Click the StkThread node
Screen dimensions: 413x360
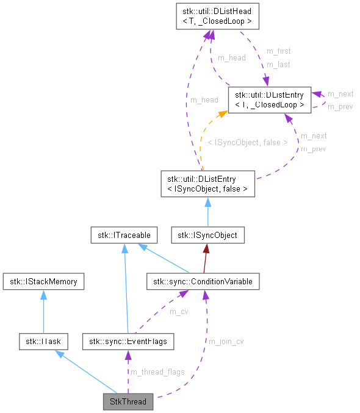point(128,403)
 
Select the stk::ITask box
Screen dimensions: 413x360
point(42,342)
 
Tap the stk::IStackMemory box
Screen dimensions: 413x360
point(43,281)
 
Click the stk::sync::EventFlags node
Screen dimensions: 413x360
point(128,342)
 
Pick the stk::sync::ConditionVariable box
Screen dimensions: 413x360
point(203,281)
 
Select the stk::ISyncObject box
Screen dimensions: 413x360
point(208,235)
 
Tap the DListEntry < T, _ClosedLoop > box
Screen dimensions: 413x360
point(269,99)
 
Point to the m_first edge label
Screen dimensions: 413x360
point(278,51)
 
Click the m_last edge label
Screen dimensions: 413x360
point(278,64)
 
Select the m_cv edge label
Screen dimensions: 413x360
point(179,312)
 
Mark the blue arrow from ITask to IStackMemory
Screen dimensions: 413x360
point(43,311)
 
